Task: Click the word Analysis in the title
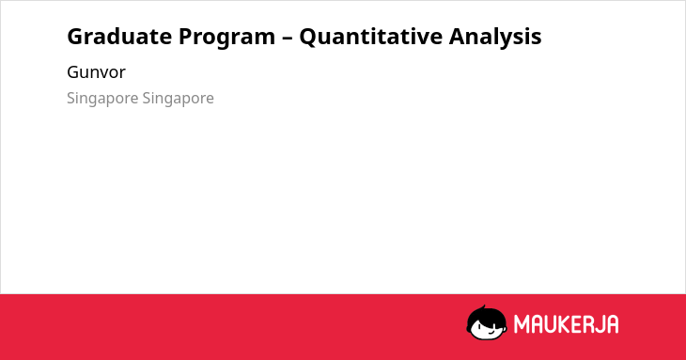tap(495, 38)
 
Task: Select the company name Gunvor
tap(96, 72)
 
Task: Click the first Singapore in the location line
tap(102, 99)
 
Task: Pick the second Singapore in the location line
tap(178, 99)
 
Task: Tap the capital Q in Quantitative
tap(310, 38)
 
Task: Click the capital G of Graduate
tap(76, 37)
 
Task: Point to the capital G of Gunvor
tap(73, 72)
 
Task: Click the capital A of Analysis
tap(458, 37)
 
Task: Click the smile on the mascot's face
tap(491, 331)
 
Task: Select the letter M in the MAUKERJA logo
tap(522, 324)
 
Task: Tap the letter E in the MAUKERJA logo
tap(577, 324)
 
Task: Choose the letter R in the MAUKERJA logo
tap(587, 324)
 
